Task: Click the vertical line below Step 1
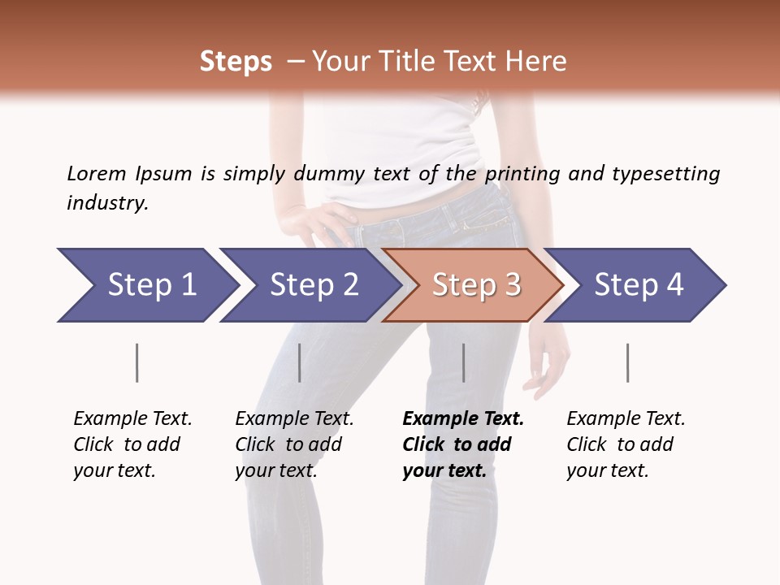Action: point(137,362)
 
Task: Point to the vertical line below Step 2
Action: point(300,362)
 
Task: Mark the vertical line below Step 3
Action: point(464,362)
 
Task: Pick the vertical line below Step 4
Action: point(627,362)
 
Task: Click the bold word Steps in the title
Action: point(236,62)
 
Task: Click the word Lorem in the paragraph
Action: point(96,173)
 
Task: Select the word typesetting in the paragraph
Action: point(665,174)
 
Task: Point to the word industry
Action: point(107,203)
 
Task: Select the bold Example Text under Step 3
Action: point(463,418)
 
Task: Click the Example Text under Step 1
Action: point(132,418)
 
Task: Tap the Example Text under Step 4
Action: point(626,418)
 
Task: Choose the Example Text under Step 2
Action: point(294,418)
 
